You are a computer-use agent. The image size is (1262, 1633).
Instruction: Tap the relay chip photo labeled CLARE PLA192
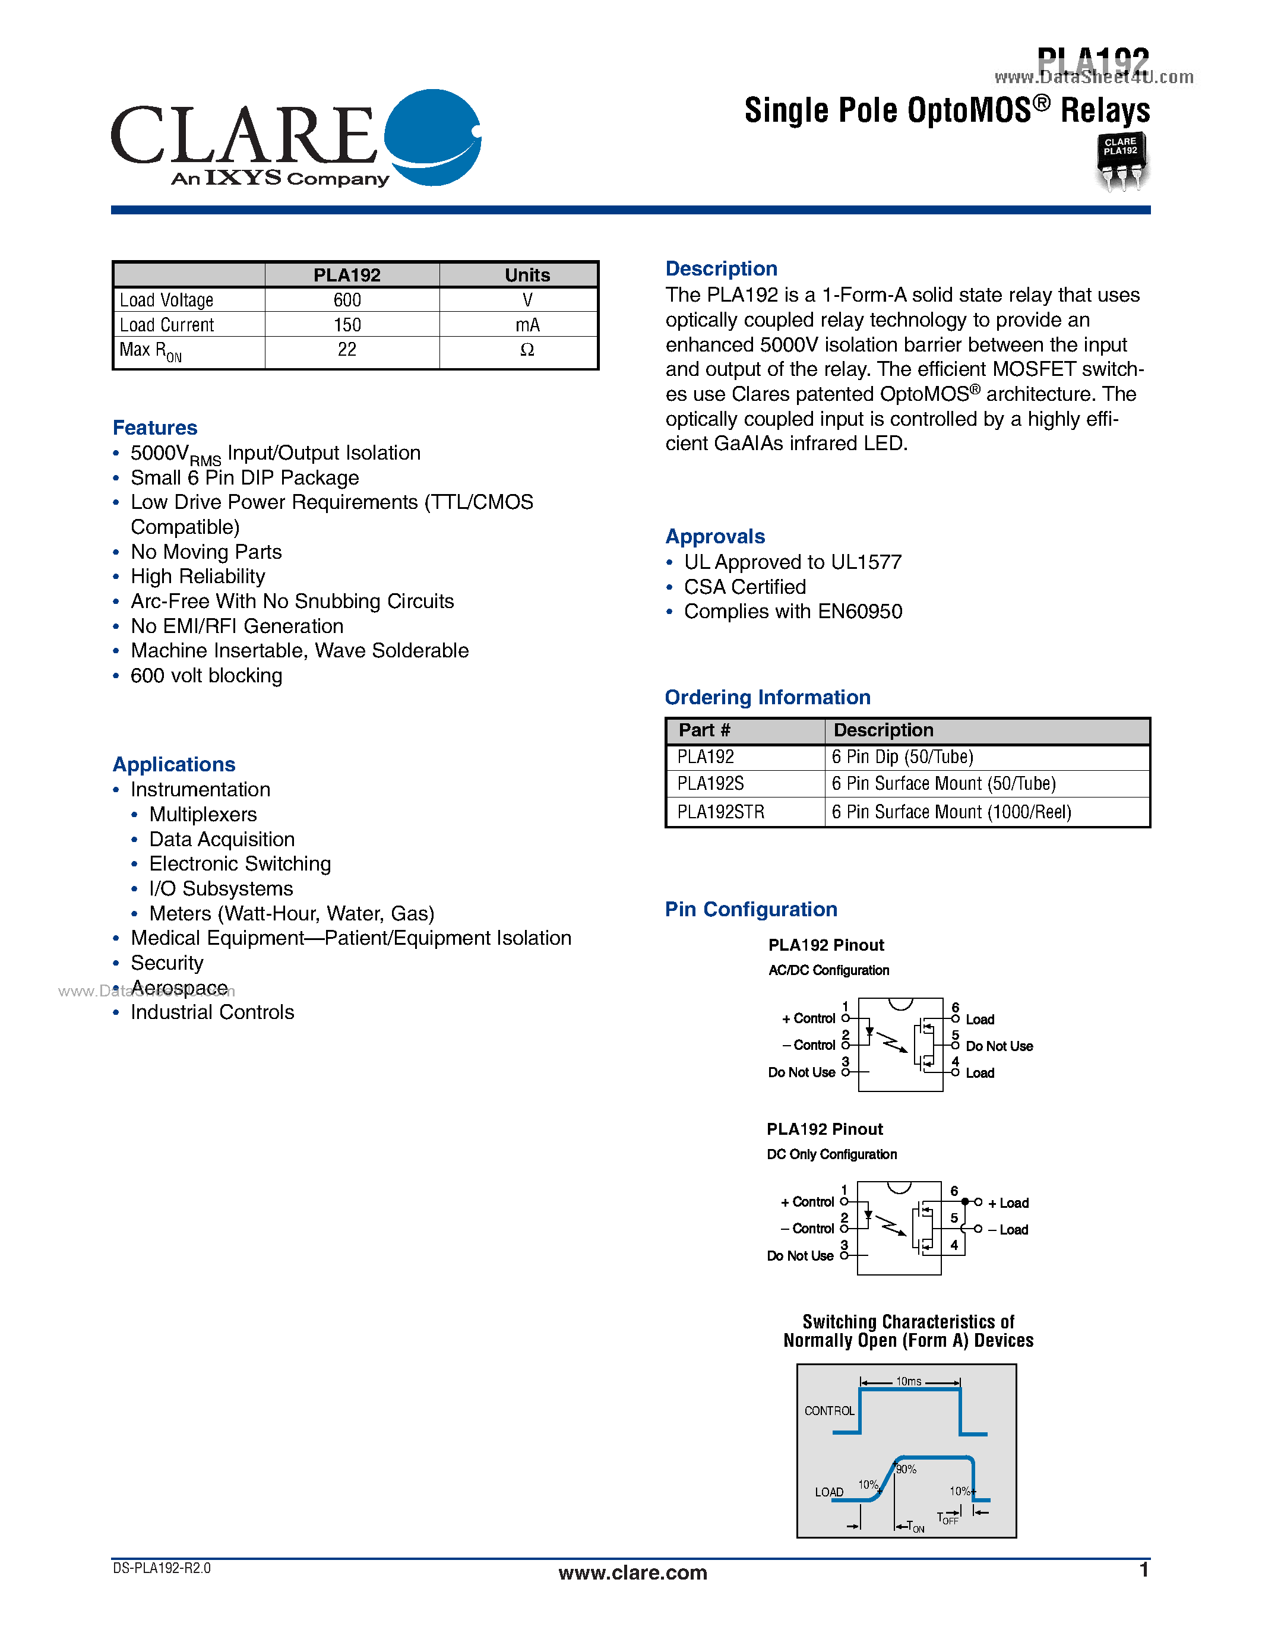[x=1121, y=162]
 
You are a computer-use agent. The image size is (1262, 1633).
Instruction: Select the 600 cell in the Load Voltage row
[x=347, y=300]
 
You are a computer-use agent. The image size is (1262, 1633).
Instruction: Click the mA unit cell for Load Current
[x=527, y=324]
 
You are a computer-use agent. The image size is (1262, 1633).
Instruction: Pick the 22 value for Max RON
[x=347, y=350]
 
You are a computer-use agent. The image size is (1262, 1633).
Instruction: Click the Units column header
[x=527, y=275]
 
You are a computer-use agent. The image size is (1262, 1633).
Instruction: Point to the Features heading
[x=155, y=428]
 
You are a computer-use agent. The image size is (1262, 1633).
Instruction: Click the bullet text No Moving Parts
[x=206, y=552]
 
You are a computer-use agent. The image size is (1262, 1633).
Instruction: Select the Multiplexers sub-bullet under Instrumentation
[x=203, y=814]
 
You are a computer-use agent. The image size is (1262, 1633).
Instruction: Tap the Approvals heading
[x=714, y=537]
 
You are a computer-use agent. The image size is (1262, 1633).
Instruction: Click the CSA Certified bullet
[x=745, y=587]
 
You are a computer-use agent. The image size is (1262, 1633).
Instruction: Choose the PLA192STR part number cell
[x=721, y=812]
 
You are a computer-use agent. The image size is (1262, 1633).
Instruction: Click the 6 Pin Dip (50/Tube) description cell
[x=902, y=757]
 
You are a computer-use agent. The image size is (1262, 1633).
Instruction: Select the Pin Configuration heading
[x=751, y=909]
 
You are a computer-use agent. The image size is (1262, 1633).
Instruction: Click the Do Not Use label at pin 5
[x=999, y=1046]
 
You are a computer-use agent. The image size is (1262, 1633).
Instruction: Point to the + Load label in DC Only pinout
[x=1008, y=1203]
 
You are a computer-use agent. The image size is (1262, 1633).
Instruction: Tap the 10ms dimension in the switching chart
[x=909, y=1381]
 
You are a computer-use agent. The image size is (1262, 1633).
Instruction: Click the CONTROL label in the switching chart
[x=829, y=1411]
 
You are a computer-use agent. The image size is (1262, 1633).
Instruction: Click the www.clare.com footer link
[x=632, y=1572]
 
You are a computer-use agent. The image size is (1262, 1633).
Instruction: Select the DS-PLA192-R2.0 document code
[x=162, y=1568]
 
